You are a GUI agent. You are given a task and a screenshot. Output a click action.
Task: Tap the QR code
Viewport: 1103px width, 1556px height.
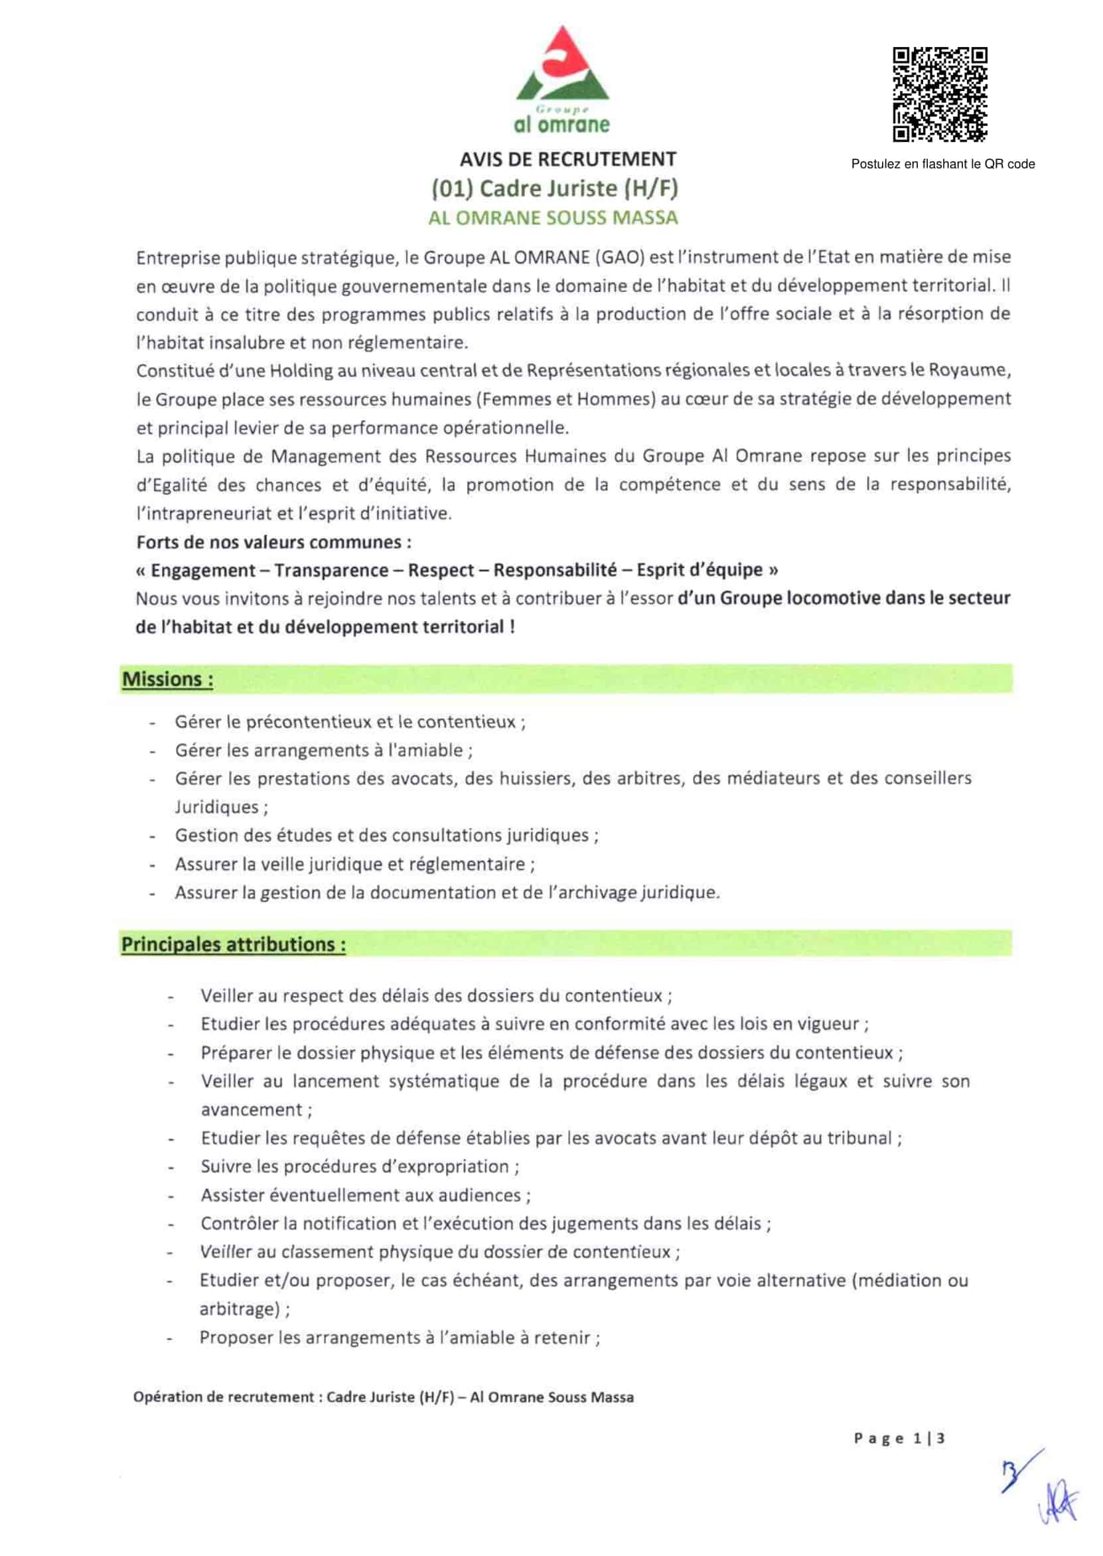[x=939, y=94]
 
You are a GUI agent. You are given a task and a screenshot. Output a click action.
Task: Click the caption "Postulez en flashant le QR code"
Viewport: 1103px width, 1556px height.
[x=942, y=164]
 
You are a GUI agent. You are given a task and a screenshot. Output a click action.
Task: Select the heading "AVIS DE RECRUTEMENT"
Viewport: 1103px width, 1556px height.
[x=568, y=159]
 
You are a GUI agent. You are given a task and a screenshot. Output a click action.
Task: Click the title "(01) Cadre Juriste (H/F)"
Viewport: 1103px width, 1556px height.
[x=555, y=188]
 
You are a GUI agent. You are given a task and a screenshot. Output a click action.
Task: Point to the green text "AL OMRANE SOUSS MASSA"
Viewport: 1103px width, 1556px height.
[x=553, y=218]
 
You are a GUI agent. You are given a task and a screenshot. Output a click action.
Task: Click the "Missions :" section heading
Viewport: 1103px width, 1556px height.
[x=167, y=679]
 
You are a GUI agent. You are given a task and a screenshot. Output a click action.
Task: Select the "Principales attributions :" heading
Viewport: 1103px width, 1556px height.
[x=233, y=944]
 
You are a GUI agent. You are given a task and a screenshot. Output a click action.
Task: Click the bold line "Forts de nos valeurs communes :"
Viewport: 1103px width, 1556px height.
[x=273, y=541]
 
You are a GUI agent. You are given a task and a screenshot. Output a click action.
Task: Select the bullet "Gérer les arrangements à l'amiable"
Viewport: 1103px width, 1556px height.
[x=323, y=750]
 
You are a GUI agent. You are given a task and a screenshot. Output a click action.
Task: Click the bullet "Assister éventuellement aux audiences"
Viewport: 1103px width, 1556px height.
[x=366, y=1195]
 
